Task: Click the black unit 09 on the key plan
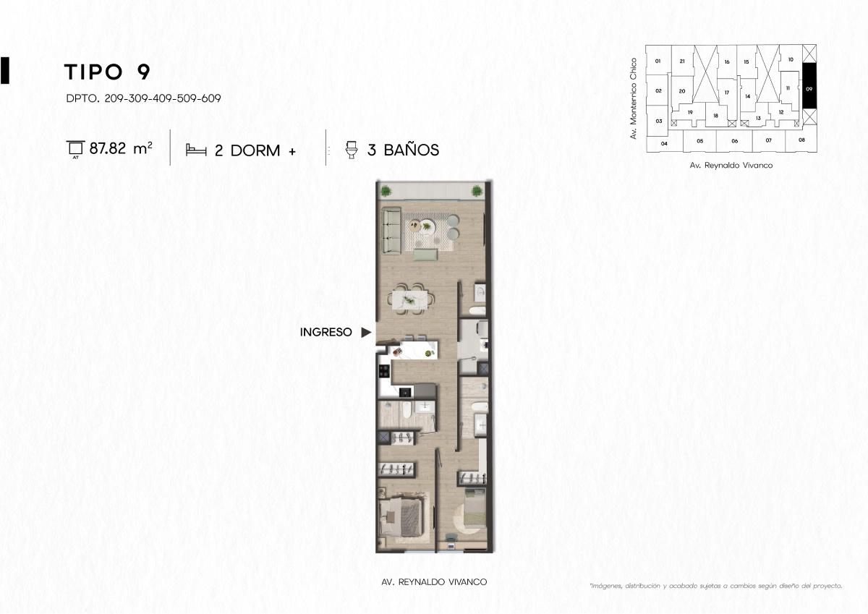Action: coord(809,85)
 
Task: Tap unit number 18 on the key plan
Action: coord(715,116)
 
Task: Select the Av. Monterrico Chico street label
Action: coord(634,98)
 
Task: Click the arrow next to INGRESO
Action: coord(366,332)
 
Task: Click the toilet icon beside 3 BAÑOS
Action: coord(352,150)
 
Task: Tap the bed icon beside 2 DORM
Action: coord(196,150)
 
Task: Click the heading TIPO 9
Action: coord(107,72)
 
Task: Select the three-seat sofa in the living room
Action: coord(391,231)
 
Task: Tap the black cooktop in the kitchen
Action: coord(384,371)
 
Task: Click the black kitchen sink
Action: coord(405,393)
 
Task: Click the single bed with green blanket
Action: coord(475,507)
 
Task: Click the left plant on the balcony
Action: coord(386,191)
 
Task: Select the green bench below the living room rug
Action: coord(425,255)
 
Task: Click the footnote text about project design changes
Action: coord(715,586)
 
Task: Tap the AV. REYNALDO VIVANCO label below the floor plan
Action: coord(434,582)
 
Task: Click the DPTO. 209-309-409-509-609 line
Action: coord(143,98)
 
